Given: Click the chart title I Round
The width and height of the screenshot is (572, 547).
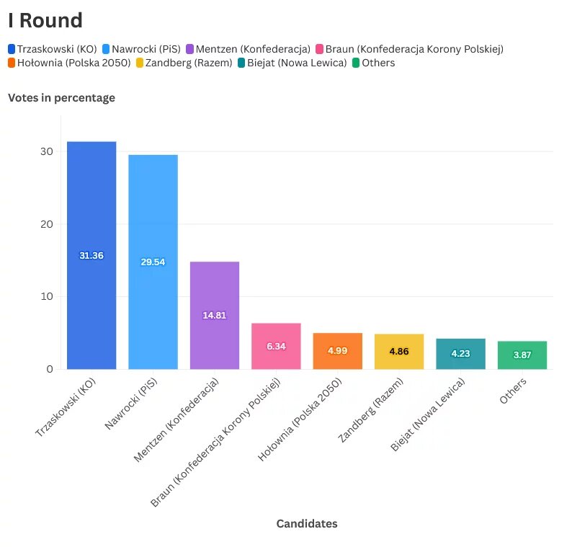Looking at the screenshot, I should click(45, 21).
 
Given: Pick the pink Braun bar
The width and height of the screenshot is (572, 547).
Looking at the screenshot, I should click(276, 346).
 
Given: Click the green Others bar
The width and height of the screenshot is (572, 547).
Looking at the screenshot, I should click(522, 355).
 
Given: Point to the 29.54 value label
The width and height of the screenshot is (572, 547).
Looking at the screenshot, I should click(153, 262).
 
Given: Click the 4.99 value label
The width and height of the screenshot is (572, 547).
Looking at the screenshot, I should click(337, 350).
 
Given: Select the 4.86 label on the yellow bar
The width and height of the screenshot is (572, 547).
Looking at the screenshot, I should click(399, 351).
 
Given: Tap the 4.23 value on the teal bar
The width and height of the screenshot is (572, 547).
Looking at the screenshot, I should click(460, 354).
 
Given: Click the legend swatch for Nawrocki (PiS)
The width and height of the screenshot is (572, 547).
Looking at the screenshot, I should click(107, 49).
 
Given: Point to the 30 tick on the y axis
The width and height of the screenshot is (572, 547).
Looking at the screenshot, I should click(47, 152).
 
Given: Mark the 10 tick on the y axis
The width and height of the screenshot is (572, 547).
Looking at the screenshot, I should click(47, 296).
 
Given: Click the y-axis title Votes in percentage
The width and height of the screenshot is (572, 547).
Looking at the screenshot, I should click(61, 98).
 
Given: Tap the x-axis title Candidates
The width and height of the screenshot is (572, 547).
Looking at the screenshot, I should click(307, 524).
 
